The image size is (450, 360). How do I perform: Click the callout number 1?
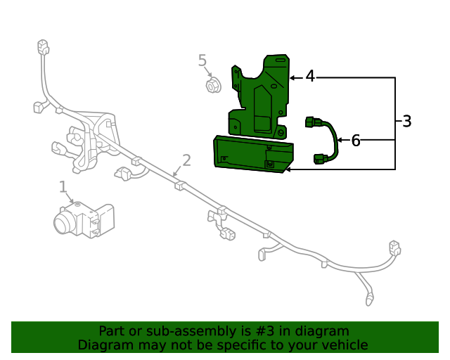63,186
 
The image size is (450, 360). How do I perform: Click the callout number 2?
186,160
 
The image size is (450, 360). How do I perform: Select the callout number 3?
406,121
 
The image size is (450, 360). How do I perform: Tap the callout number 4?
310,76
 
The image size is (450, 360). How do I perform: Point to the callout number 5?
202,60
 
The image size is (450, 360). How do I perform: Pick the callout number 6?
356,141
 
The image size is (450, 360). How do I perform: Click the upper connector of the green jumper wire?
312,123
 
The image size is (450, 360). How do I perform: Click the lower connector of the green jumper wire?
322,159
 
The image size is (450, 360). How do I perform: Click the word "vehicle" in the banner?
345,345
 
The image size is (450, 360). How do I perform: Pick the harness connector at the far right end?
394,247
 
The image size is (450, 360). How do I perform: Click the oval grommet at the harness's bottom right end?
371,302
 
